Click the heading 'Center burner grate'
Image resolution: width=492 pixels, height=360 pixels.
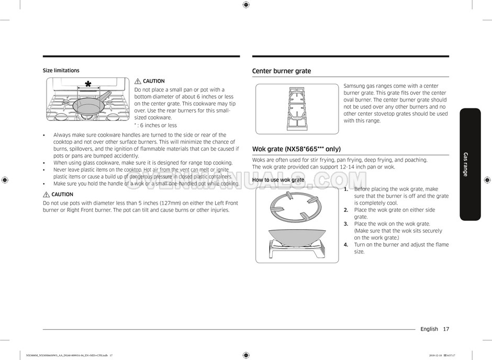[x=281, y=71]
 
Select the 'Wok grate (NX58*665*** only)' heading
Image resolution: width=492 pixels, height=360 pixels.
[x=296, y=149]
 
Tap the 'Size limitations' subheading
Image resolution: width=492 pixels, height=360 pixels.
[x=61, y=71]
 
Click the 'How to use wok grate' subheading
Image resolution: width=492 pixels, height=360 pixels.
[x=278, y=180]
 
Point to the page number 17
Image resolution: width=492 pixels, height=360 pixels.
[x=445, y=329]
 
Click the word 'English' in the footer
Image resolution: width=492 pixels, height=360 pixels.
[x=429, y=329]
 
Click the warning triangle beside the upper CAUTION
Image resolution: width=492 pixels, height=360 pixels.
[x=138, y=81]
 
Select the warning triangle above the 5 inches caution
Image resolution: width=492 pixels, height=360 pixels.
[x=46, y=195]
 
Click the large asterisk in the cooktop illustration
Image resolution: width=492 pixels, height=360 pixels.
[x=88, y=85]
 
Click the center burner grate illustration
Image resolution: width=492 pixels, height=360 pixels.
[x=297, y=109]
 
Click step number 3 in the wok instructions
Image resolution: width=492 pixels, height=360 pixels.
[x=346, y=224]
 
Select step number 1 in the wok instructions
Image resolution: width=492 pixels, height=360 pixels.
[x=346, y=189]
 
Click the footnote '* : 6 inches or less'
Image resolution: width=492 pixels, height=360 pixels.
[x=155, y=126]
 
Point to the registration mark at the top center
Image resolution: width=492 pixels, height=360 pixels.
[x=246, y=5]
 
